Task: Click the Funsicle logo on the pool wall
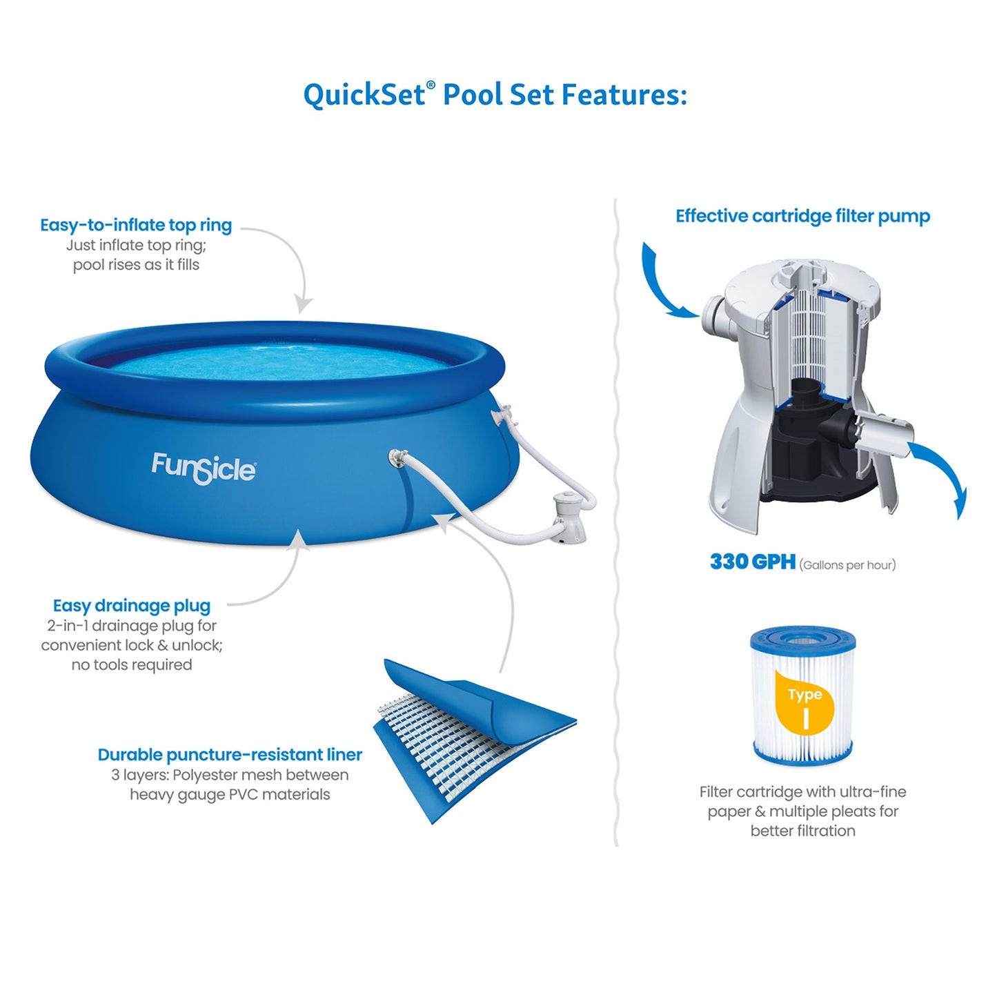(204, 468)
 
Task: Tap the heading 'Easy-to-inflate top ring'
(136, 226)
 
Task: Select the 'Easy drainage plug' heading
(132, 606)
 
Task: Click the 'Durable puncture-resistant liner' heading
(230, 755)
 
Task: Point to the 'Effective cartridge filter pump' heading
(802, 216)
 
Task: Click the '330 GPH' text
(753, 562)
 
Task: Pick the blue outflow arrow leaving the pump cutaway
(941, 476)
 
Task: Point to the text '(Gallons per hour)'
(847, 565)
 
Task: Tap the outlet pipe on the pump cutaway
(887, 430)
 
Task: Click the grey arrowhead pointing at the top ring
(303, 304)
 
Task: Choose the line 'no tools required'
(132, 665)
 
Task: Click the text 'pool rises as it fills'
(136, 265)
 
